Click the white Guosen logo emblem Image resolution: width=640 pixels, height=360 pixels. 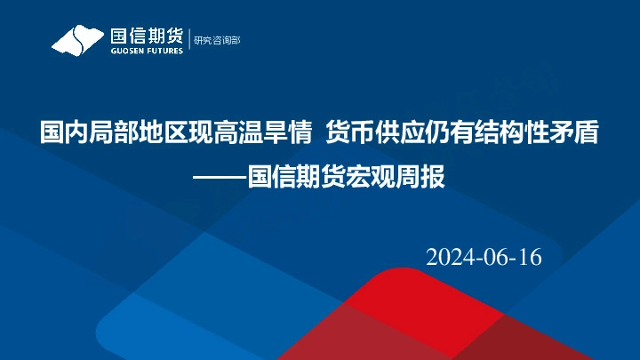coord(78,40)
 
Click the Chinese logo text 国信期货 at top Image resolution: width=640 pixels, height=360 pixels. coord(146,36)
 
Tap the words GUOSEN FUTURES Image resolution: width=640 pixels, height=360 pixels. coord(146,51)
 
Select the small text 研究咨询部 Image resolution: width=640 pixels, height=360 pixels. coord(217,40)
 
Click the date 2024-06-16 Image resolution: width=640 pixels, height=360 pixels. coord(484,257)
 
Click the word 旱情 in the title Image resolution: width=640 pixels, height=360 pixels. coord(270,133)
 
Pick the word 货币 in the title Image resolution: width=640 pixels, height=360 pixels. coord(348,133)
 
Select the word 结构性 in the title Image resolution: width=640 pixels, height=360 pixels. coord(499,133)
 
